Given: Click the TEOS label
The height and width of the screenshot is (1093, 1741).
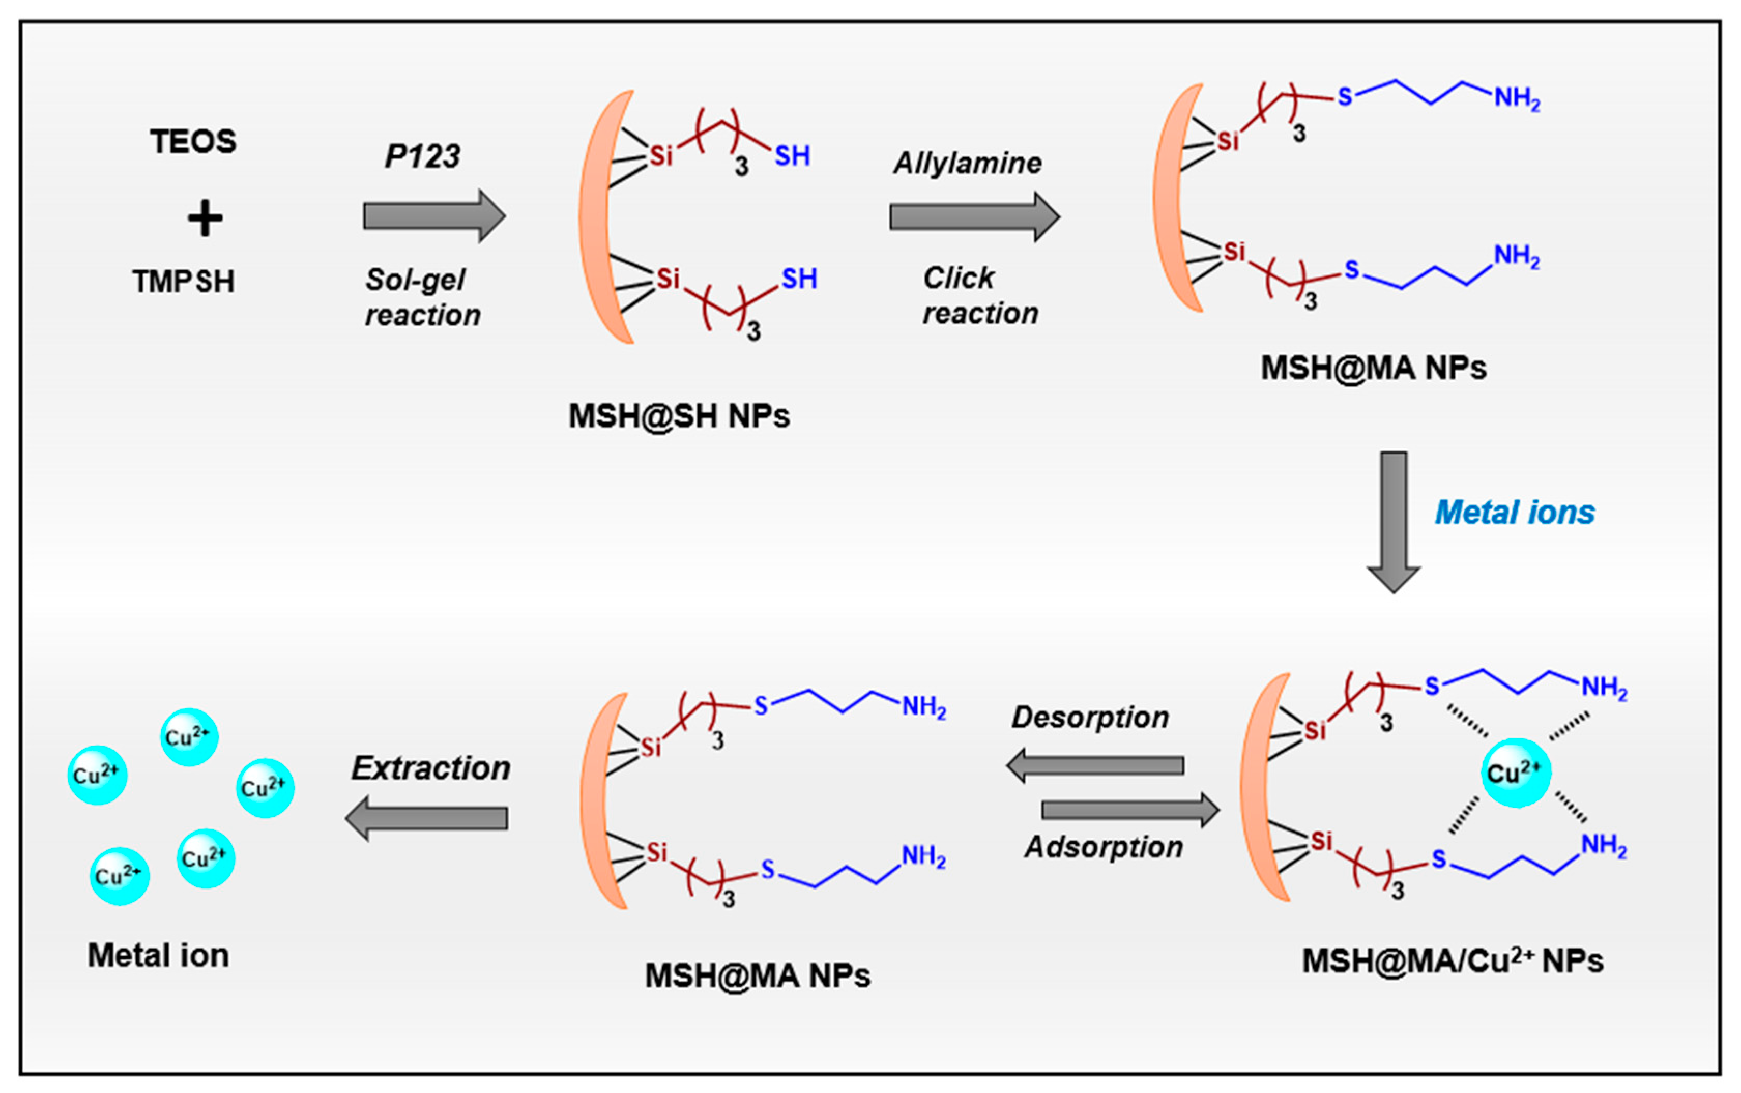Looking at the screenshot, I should (193, 142).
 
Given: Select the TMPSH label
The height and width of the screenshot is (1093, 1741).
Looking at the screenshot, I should (184, 281).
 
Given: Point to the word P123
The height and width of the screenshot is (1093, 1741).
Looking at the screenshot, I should (422, 156).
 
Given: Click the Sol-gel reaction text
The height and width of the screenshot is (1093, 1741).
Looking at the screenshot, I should (422, 297).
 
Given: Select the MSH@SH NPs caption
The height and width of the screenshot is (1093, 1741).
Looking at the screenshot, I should (679, 416).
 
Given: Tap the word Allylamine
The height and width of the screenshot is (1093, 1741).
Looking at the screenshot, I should (968, 164).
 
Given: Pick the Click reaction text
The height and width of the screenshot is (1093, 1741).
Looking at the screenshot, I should (980, 296).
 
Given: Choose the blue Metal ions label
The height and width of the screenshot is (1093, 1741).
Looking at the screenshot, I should (1515, 513).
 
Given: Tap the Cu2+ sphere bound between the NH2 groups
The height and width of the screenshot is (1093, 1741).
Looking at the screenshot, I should (1515, 773).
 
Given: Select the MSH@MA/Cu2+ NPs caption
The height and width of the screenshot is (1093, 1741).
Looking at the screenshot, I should (1453, 961).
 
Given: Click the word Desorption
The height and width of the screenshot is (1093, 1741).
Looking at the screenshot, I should (1090, 717).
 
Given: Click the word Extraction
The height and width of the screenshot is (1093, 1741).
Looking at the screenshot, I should (431, 768).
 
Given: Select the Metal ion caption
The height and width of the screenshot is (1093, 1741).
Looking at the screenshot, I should (158, 956).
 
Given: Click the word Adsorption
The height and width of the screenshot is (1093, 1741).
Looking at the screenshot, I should (1104, 847).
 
